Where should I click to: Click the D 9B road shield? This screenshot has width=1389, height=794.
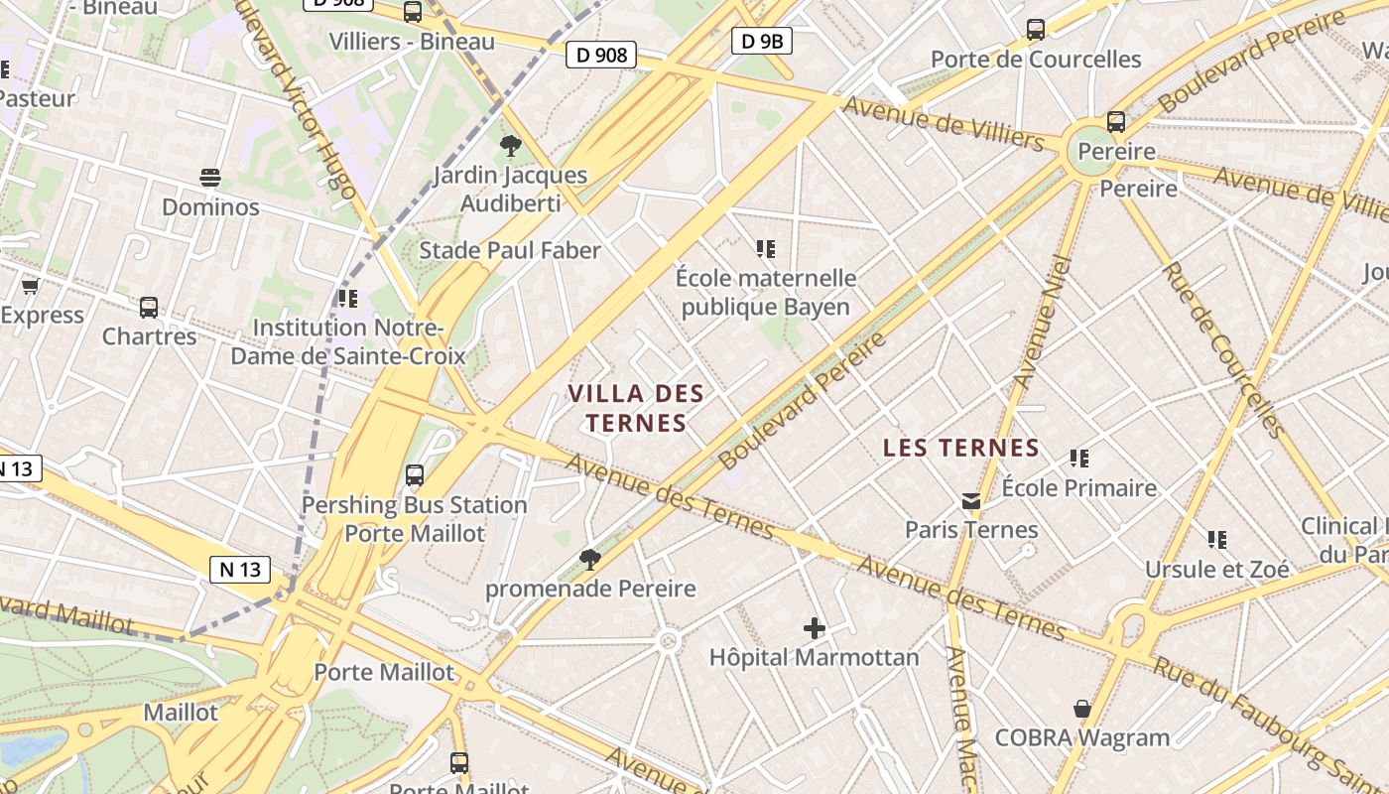tap(762, 41)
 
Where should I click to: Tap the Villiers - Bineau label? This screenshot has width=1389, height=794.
tap(412, 42)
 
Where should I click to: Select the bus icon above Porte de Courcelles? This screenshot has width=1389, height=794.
tap(1036, 30)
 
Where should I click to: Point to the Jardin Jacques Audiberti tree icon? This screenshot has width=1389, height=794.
tap(511, 147)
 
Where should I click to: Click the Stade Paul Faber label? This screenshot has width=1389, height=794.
tap(510, 250)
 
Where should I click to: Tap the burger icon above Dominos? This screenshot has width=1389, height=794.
tap(210, 178)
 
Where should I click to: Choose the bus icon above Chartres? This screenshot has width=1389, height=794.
tap(149, 307)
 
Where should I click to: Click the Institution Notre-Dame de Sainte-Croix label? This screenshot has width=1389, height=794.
tap(347, 341)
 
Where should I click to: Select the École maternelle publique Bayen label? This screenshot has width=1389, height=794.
tap(766, 292)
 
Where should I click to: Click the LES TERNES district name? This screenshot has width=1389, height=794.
tap(961, 448)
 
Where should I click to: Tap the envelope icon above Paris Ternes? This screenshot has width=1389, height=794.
tap(971, 501)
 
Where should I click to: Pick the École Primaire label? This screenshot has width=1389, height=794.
tap(1079, 488)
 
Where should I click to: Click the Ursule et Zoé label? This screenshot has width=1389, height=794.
tap(1217, 569)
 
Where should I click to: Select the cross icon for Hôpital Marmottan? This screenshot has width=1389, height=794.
tap(815, 627)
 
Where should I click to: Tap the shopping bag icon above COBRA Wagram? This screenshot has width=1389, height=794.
tap(1082, 709)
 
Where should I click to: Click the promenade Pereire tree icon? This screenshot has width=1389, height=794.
tap(590, 560)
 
